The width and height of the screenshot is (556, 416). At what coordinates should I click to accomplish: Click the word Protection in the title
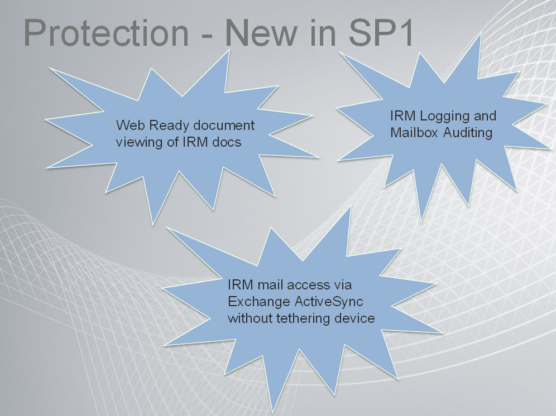[106, 32]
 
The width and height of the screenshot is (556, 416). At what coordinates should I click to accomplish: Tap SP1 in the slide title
[381, 32]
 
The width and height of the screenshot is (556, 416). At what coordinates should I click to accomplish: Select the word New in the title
[261, 32]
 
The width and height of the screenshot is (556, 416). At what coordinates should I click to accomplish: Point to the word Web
[130, 125]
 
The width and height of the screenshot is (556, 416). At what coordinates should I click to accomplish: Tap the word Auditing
[468, 133]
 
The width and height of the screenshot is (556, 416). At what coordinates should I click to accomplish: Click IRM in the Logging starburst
[403, 115]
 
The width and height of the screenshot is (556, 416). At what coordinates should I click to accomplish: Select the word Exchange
[259, 302]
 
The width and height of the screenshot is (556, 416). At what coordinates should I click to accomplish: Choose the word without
[250, 318]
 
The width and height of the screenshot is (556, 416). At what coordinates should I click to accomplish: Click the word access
[308, 286]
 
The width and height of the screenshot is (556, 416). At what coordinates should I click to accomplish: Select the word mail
[270, 284]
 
